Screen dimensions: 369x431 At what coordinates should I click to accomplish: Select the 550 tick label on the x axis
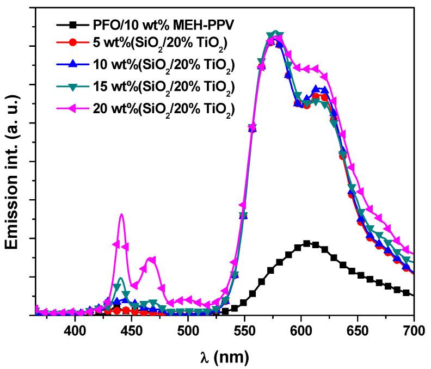point(244,330)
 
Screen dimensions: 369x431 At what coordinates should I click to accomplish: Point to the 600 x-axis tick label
point(301,330)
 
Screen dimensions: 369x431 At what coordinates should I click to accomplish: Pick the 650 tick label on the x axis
point(358,330)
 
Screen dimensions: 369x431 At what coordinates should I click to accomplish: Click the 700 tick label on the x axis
point(412,330)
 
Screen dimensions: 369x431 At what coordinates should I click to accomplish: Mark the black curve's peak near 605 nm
point(307,243)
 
